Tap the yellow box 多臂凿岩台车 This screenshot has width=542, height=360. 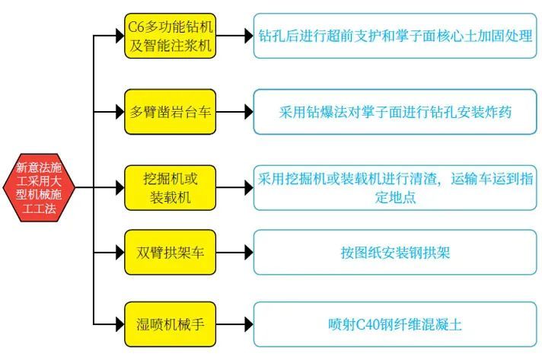coord(171,112)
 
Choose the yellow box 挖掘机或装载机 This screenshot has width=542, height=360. coord(171,186)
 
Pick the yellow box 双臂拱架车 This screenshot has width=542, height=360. coord(171,251)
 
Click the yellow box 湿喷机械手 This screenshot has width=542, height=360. coord(171,324)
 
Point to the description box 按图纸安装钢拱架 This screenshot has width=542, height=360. coord(395,251)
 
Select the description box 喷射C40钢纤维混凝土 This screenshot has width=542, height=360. coord(395,324)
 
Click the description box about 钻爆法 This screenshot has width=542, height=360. coord(395,112)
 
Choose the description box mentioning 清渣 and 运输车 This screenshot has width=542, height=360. coord(395,186)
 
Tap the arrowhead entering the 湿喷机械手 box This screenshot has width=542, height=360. coord(117,324)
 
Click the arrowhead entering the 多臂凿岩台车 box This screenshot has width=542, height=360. coord(117,112)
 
